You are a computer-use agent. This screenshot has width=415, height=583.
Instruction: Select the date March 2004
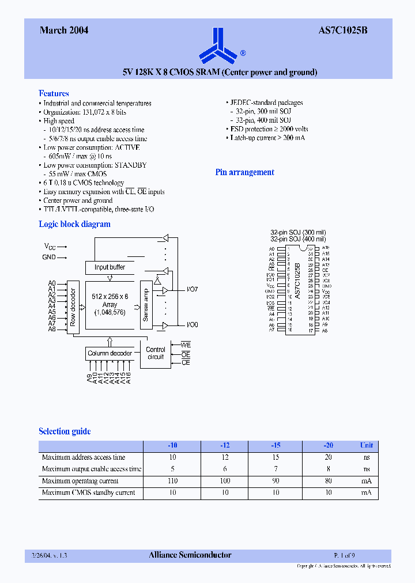64,31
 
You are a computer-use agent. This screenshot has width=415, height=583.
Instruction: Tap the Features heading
54,93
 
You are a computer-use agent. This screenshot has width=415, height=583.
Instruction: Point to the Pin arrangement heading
244,172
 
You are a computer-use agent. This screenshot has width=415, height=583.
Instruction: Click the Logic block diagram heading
74,224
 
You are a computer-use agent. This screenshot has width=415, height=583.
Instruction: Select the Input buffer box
110,267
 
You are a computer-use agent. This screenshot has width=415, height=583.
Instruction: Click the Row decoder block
73,306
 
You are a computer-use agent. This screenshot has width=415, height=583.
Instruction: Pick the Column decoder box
110,353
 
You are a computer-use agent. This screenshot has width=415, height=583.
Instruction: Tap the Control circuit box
156,353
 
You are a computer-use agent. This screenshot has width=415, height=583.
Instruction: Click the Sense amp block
145,305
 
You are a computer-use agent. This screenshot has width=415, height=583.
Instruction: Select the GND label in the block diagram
49,257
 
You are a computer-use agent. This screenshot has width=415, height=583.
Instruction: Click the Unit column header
367,445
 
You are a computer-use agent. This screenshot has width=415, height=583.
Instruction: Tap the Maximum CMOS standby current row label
88,493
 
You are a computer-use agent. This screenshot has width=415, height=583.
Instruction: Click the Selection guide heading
65,431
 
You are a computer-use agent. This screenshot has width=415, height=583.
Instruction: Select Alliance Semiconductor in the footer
190,555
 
